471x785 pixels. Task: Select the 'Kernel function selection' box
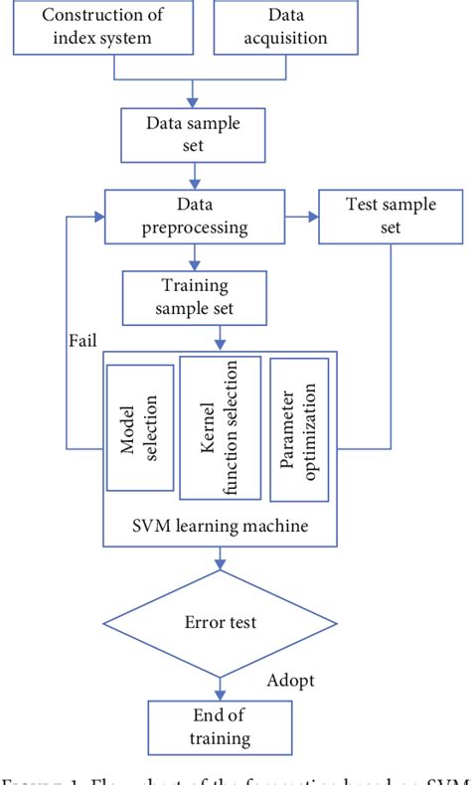[220, 426]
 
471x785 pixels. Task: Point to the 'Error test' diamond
[221, 623]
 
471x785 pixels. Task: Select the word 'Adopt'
[292, 682]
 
